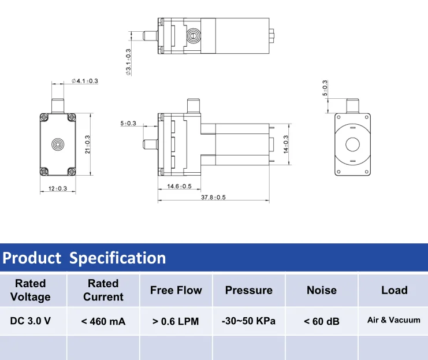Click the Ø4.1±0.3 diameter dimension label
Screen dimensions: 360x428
click(84, 81)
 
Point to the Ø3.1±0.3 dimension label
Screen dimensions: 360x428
click(128, 62)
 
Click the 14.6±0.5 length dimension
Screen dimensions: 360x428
click(179, 186)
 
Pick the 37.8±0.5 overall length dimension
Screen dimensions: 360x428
click(213, 198)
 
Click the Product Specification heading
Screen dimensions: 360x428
click(84, 258)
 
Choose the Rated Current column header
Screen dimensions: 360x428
click(103, 290)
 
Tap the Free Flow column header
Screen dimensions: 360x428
click(176, 290)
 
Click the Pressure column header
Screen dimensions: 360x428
click(248, 290)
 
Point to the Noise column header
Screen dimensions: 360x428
click(321, 290)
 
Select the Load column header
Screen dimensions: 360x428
click(394, 290)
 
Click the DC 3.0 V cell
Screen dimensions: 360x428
click(31, 321)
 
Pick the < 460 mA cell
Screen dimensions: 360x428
click(103, 321)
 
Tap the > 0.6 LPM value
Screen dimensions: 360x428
click(176, 321)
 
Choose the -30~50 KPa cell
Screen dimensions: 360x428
click(248, 321)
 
